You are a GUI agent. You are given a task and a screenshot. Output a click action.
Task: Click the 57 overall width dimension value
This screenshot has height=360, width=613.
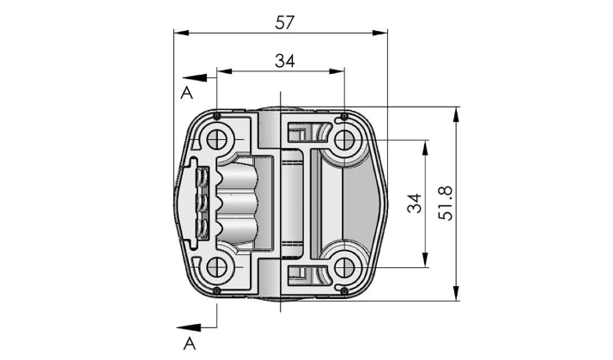click(284, 22)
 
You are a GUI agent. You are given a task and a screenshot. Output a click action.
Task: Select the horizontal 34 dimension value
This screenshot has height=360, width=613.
click(285, 61)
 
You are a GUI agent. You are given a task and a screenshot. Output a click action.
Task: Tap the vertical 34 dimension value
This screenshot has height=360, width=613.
click(415, 203)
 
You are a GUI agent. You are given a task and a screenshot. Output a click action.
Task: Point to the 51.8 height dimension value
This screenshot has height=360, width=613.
click(446, 203)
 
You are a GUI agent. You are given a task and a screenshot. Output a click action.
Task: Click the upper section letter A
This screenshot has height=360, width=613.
click(187, 93)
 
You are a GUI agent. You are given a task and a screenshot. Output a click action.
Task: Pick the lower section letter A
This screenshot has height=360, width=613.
click(189, 344)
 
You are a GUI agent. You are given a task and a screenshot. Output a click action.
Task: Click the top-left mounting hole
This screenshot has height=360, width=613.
click(216, 140)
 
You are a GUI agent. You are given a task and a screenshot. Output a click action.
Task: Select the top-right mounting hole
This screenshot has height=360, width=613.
click(344, 140)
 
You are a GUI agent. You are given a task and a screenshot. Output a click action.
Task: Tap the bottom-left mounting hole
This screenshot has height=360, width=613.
click(216, 268)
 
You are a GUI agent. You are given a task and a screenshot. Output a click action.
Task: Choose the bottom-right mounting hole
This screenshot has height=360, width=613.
click(344, 268)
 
